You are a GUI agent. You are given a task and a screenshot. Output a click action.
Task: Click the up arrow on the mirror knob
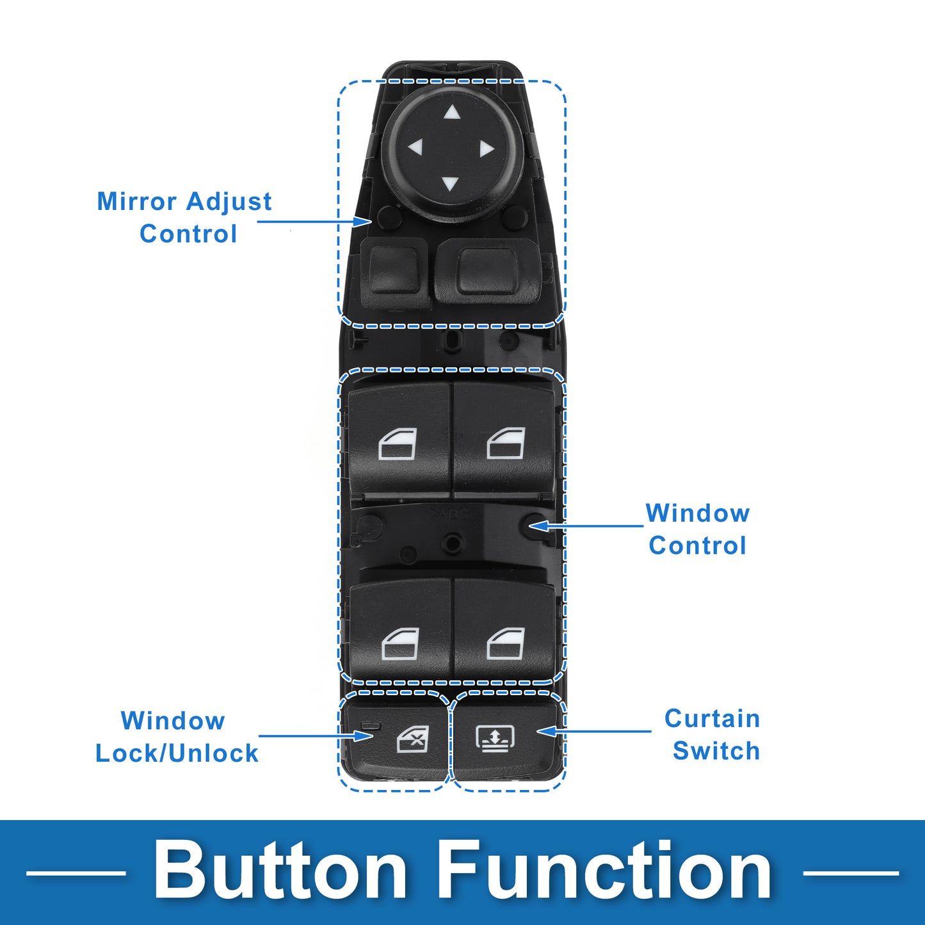click(452, 113)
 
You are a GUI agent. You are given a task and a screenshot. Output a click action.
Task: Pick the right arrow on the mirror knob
click(487, 149)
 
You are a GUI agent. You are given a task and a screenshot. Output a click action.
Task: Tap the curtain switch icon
click(495, 738)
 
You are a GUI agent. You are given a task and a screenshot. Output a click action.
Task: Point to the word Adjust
click(229, 202)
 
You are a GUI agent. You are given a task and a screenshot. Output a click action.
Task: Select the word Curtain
click(712, 719)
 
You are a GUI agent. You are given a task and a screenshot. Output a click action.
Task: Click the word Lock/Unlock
click(177, 753)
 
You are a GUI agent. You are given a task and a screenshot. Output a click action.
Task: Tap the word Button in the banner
click(280, 871)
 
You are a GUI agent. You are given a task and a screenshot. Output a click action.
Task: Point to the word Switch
click(716, 752)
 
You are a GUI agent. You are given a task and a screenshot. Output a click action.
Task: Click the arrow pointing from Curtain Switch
click(594, 732)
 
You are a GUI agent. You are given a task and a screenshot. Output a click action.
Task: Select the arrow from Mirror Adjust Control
click(314, 221)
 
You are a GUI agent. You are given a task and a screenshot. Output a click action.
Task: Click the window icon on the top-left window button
click(398, 444)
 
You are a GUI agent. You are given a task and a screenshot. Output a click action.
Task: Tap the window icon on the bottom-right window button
click(506, 643)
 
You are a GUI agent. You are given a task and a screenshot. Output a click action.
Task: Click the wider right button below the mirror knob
click(488, 271)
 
